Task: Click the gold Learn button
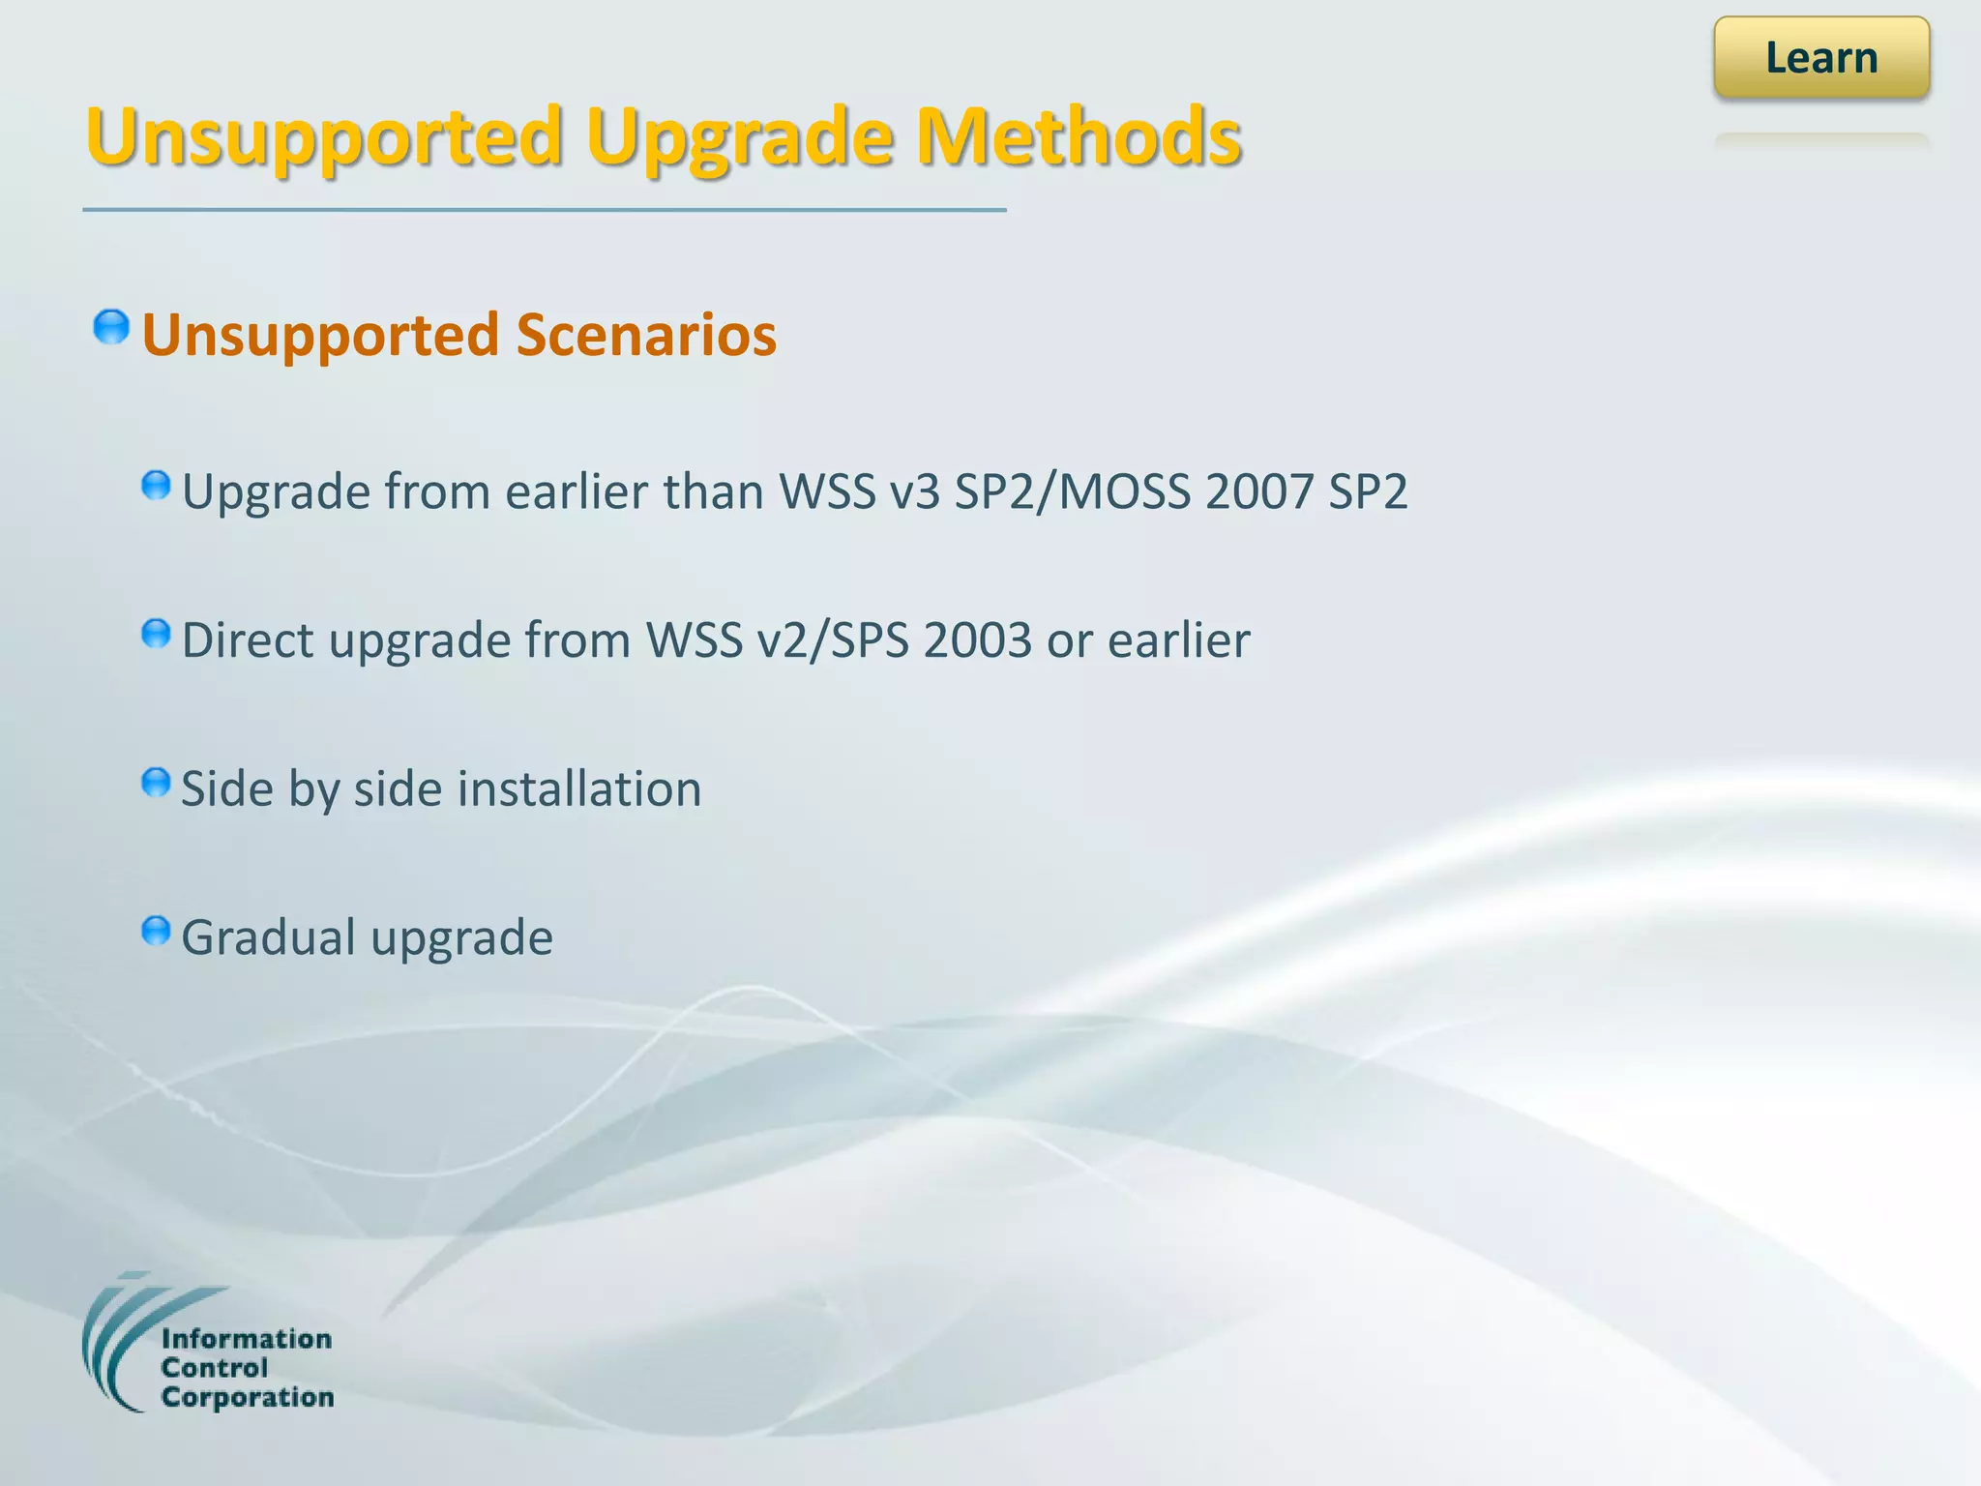pos(1821,58)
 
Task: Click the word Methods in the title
pos(1079,137)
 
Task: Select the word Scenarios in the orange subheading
pos(646,335)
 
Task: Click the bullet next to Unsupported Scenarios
pos(111,327)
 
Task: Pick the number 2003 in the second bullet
pos(977,640)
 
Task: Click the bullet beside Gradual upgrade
pos(156,932)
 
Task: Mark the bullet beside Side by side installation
pos(156,783)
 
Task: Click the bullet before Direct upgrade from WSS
pos(156,635)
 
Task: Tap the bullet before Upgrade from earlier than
pos(156,486)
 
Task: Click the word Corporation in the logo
pos(248,1397)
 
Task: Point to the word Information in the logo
pos(247,1339)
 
